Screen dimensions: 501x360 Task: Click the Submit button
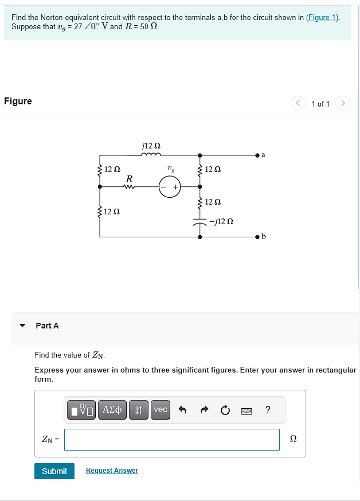click(x=54, y=471)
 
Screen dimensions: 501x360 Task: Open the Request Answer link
click(x=112, y=471)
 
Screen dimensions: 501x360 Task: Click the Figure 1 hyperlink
click(x=322, y=17)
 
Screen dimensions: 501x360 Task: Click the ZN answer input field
click(x=172, y=440)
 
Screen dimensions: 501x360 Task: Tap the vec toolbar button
click(x=161, y=409)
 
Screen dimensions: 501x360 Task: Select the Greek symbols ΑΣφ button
click(x=112, y=409)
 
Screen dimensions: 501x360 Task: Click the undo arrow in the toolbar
click(x=183, y=410)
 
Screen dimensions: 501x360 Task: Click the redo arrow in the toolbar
click(x=204, y=410)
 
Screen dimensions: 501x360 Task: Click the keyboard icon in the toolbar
click(x=246, y=410)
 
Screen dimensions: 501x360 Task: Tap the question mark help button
click(x=268, y=409)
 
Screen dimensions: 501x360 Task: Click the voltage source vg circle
click(x=170, y=186)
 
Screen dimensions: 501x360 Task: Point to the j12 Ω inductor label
click(x=150, y=146)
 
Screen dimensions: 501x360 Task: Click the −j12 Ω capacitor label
click(x=221, y=221)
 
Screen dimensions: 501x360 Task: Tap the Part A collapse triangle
click(x=22, y=326)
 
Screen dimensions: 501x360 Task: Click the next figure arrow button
click(x=342, y=103)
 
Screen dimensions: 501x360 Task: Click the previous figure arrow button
click(x=298, y=103)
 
